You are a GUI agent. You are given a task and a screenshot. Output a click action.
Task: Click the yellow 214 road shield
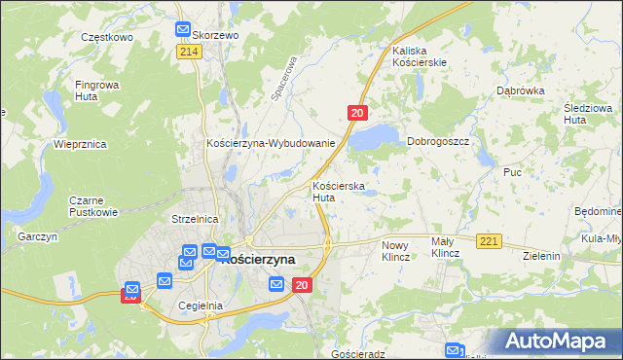[189, 52]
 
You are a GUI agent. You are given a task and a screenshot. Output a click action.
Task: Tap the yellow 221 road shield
[489, 240]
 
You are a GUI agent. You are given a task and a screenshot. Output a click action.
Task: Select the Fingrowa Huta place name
[97, 90]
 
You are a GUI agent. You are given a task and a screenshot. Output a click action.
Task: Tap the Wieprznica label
[80, 144]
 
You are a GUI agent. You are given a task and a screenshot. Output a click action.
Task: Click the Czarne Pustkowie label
[92, 205]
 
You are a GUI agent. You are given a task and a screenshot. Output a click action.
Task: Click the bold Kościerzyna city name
[258, 260]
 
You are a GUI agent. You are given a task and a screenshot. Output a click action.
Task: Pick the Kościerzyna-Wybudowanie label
[271, 143]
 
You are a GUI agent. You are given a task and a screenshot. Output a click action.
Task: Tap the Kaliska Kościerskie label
[420, 55]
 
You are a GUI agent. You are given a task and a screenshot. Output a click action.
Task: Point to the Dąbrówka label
[519, 90]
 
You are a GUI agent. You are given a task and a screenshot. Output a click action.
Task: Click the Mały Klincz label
[445, 247]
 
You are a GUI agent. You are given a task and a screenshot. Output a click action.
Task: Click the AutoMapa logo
[559, 341]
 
